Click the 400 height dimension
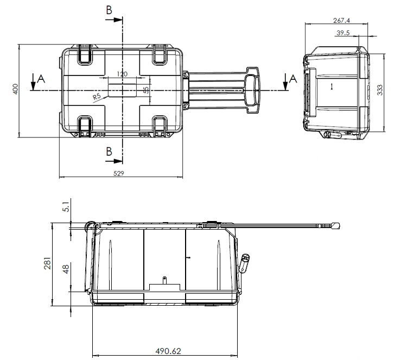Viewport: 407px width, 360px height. pyautogui.click(x=16, y=89)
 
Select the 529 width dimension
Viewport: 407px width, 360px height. pyautogui.click(x=119, y=173)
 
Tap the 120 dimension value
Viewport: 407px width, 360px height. pyautogui.click(x=122, y=74)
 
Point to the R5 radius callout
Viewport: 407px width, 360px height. pyautogui.click(x=97, y=97)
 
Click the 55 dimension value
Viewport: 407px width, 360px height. pyautogui.click(x=146, y=90)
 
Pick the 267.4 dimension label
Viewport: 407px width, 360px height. pyautogui.click(x=341, y=20)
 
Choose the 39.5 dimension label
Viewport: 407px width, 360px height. pyautogui.click(x=343, y=33)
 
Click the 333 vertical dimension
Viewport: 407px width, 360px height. pyautogui.click(x=379, y=90)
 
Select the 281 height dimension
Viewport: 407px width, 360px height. pyautogui.click(x=47, y=263)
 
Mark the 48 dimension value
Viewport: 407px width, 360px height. pyautogui.click(x=66, y=269)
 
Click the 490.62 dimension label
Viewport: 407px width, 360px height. pyautogui.click(x=168, y=351)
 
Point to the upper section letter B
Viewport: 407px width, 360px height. pyautogui.click(x=109, y=10)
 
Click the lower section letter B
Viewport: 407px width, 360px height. pyautogui.click(x=109, y=151)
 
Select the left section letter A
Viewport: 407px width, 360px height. pyautogui.click(x=41, y=79)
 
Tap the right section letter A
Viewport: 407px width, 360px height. pyautogui.click(x=293, y=79)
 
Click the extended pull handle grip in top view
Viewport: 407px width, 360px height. pyautogui.click(x=252, y=90)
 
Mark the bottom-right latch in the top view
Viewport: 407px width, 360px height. pyautogui.click(x=160, y=127)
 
